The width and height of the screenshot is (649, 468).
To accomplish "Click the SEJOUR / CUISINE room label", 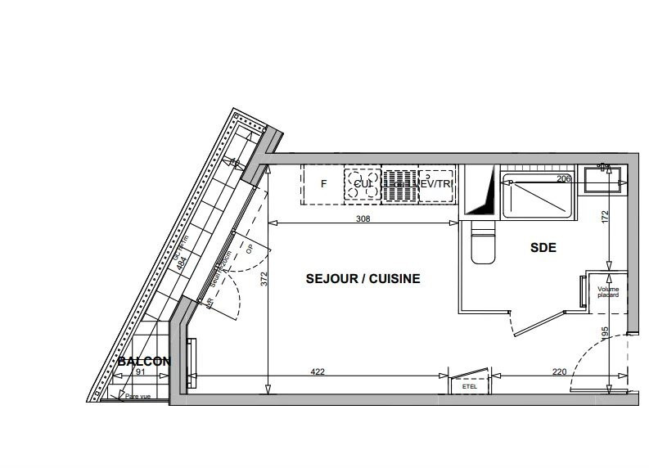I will point(363,279).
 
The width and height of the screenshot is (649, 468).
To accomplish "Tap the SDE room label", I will point(543,247).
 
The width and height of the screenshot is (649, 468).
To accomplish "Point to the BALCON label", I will point(143,361).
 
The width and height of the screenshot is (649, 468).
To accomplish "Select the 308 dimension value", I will point(363,218).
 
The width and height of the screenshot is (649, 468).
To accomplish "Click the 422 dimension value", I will point(318,372).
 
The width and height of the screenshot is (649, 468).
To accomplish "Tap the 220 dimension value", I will point(559,372).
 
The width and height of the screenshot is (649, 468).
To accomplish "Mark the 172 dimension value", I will point(606,218).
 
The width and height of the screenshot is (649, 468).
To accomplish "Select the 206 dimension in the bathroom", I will point(563,179).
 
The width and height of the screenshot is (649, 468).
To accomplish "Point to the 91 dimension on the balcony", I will point(140,372).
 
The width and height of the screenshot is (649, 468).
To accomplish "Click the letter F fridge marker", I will point(323,184).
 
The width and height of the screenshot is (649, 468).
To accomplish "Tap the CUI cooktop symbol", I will point(363,184).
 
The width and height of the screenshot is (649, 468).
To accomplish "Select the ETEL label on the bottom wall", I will point(470,386).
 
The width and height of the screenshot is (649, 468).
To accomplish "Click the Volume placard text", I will point(608,292).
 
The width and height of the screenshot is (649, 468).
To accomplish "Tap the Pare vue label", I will point(138,397).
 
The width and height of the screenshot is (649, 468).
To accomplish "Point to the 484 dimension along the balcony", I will point(182,262).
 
